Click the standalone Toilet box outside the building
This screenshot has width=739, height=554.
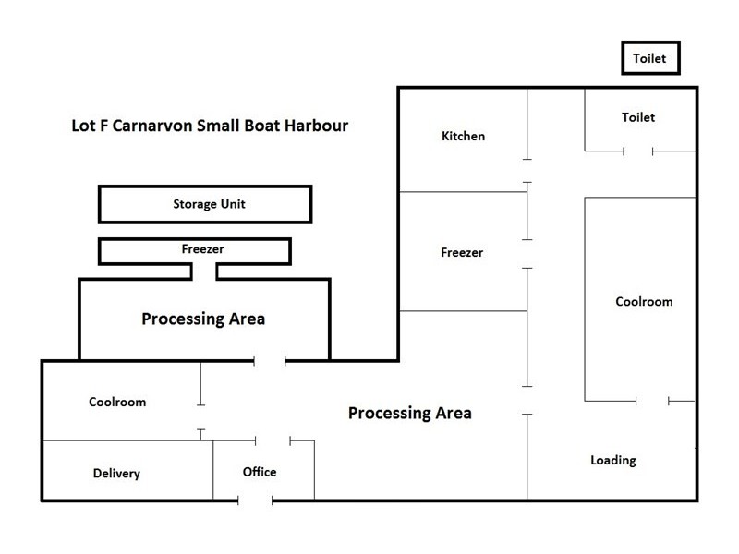650,59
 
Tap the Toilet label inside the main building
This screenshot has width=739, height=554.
637,117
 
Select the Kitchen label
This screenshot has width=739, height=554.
463,136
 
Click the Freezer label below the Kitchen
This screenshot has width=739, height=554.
462,252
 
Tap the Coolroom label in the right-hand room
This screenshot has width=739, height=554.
644,301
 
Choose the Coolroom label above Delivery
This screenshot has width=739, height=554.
117,402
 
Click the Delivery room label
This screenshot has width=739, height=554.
116,474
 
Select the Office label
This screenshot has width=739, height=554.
260,472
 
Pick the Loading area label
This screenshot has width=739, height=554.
613,460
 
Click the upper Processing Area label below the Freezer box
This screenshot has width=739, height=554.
203,319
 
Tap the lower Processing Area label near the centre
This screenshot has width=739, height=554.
409,413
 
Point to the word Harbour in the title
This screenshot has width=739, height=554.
313,125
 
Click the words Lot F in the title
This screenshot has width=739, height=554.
90,125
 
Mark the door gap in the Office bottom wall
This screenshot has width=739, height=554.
257,500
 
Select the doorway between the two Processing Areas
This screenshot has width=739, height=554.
271,360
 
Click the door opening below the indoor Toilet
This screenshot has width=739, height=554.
639,151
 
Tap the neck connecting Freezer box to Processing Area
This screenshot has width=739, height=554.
204,271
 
